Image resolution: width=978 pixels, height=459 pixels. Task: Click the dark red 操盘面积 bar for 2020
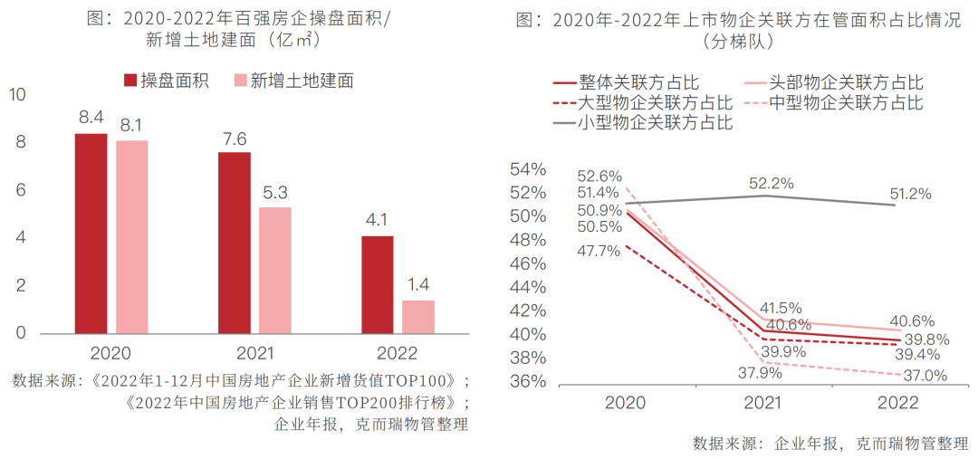click(91, 234)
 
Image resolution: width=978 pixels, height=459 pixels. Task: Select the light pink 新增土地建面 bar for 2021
click(275, 270)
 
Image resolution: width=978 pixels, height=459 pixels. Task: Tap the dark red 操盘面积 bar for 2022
click(378, 284)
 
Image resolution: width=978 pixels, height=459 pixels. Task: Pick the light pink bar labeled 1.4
click(418, 316)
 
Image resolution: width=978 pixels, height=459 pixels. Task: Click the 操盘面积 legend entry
click(164, 81)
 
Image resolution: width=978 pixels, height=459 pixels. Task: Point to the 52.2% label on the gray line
click(772, 184)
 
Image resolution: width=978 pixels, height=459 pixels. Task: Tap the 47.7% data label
click(598, 251)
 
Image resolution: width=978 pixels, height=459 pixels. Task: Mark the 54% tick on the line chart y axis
click(527, 169)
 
